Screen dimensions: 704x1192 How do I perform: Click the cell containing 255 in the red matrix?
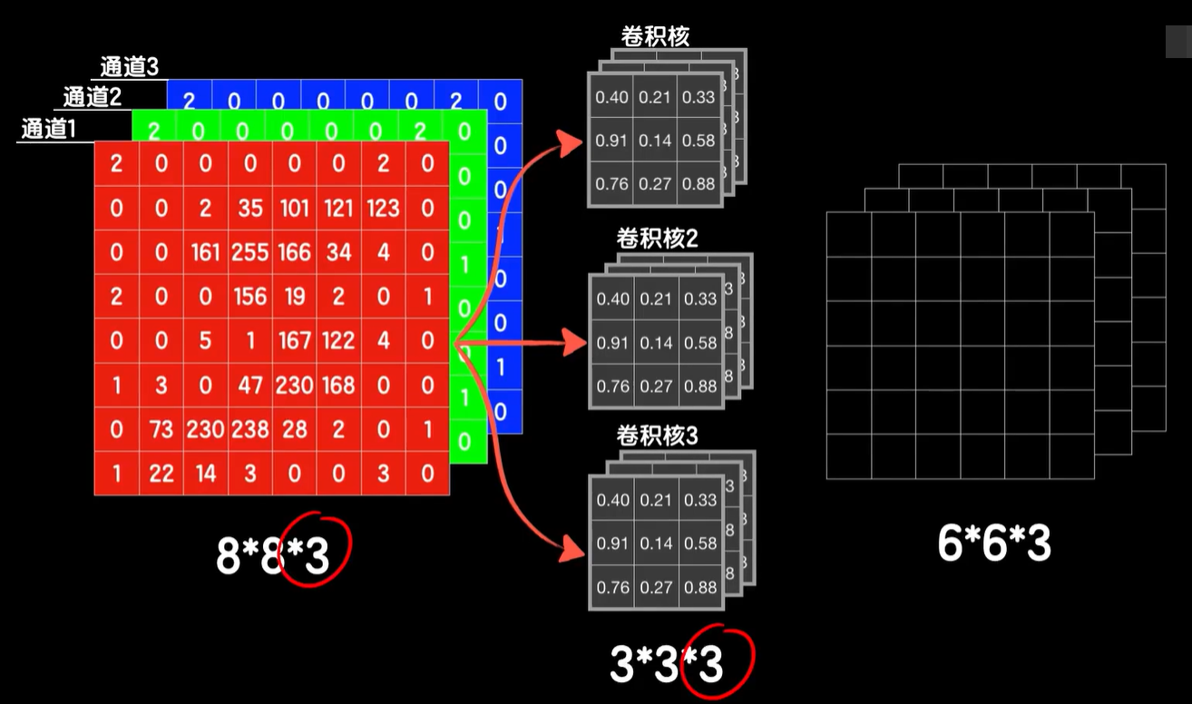point(249,252)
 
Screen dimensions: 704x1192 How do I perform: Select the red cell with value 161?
point(205,252)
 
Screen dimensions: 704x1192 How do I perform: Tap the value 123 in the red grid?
point(383,209)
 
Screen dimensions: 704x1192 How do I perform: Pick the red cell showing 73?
point(161,429)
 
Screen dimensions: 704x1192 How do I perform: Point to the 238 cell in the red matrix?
point(249,429)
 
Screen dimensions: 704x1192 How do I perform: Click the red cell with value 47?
point(249,386)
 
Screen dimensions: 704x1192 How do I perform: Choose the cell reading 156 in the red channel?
point(249,297)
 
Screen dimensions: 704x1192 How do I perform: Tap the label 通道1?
point(49,129)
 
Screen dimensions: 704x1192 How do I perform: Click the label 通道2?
point(92,97)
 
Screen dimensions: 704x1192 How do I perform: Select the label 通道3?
point(130,67)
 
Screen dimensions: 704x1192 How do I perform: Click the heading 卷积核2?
point(657,240)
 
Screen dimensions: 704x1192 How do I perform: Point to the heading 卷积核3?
point(657,436)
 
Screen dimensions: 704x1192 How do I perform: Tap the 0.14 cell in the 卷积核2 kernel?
point(656,343)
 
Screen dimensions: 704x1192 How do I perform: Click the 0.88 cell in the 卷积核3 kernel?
point(700,588)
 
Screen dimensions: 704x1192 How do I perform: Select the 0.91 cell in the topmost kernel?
point(612,141)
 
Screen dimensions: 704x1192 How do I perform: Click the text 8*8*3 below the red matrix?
point(272,555)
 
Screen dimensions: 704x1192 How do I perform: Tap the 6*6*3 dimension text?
point(994,544)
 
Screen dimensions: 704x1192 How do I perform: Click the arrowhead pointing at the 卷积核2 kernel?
point(577,343)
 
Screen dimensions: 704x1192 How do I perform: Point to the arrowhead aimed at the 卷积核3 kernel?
point(573,548)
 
